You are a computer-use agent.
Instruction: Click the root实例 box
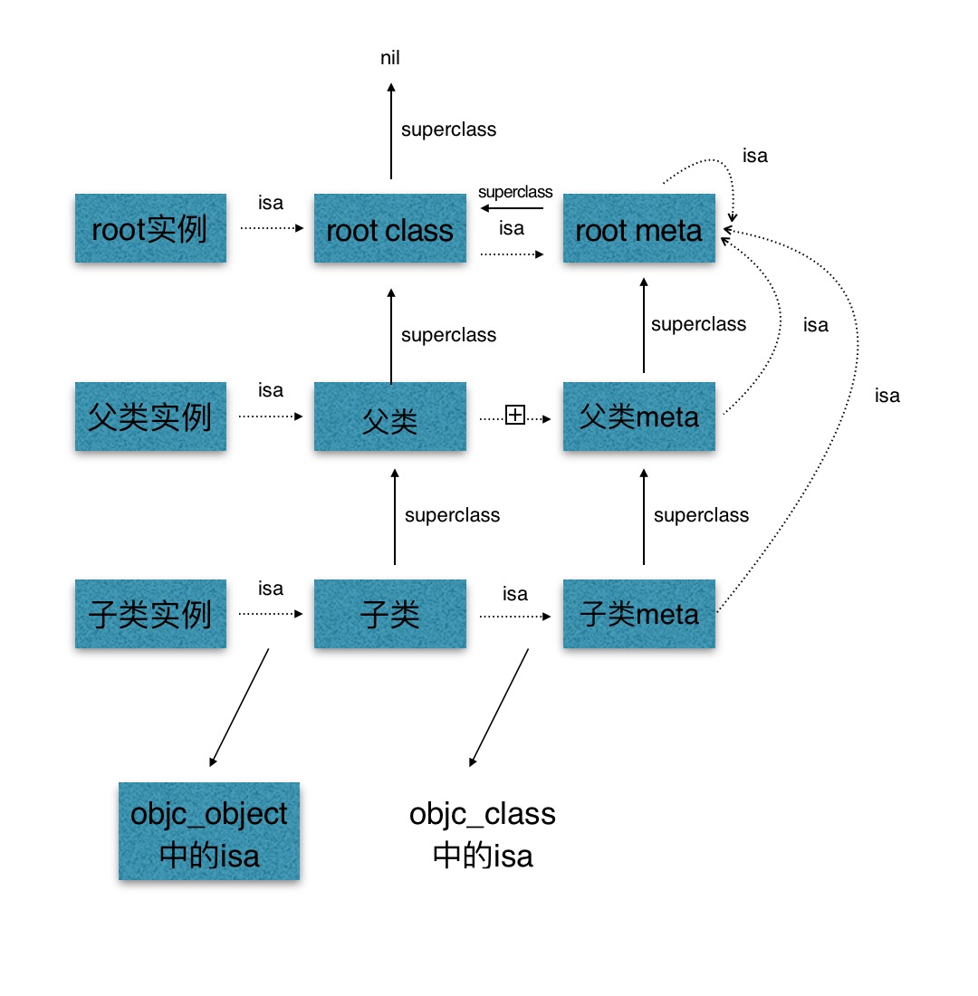[150, 229]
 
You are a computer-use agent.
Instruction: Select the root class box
[389, 229]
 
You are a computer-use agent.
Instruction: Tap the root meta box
[638, 229]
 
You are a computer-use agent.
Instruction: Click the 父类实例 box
[150, 417]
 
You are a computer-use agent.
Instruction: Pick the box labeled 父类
[389, 417]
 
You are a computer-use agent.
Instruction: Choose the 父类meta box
[638, 417]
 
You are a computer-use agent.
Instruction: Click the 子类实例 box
[150, 615]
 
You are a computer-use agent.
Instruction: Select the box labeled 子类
[389, 615]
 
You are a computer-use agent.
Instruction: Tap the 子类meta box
[638, 615]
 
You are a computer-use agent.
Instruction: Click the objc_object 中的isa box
[209, 832]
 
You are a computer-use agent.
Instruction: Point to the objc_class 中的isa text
[483, 834]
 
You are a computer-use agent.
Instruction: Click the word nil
[390, 59]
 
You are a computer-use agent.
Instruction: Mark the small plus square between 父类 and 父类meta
[515, 416]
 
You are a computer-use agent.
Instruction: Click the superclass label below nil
[448, 129]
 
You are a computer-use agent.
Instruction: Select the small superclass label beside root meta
[515, 192]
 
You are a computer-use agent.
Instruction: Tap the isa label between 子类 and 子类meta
[515, 594]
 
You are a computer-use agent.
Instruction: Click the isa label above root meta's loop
[754, 156]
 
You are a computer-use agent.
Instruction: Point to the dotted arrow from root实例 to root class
[272, 229]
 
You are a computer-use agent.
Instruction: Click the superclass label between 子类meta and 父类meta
[701, 515]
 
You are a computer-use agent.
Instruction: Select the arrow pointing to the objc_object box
[240, 706]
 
